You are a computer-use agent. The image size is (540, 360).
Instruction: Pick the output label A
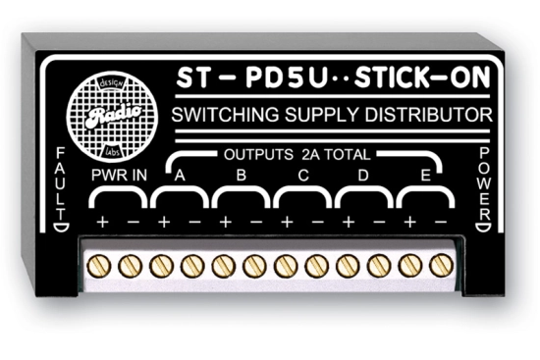point(180,178)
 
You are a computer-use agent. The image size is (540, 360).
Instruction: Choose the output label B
point(242,178)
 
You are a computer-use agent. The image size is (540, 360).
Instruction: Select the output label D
point(364,178)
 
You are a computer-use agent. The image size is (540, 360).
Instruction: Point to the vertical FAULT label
point(62,186)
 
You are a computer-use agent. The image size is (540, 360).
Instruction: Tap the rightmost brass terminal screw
point(440,265)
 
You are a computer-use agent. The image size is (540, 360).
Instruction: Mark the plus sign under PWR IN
point(101,223)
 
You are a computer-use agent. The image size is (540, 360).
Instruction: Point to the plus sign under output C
point(287,223)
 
